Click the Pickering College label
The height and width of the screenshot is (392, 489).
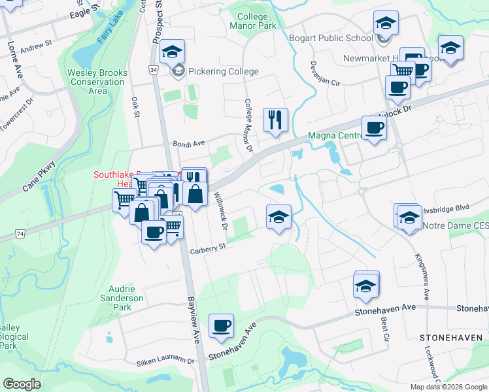pyautogui.click(x=224, y=72)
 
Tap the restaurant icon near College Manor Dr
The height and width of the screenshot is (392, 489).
pyautogui.click(x=275, y=120)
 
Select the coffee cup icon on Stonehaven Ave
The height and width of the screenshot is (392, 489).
pyautogui.click(x=221, y=325)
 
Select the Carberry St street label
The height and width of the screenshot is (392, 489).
pyautogui.click(x=207, y=247)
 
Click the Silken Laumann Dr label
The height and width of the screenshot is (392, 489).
pyautogui.click(x=166, y=361)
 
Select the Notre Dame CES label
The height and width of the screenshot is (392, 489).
pyautogui.click(x=456, y=226)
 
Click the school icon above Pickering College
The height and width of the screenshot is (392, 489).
pyautogui.click(x=173, y=52)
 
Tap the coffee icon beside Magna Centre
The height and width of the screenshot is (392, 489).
pyautogui.click(x=375, y=128)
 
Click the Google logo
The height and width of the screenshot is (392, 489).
pyautogui.click(x=22, y=384)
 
